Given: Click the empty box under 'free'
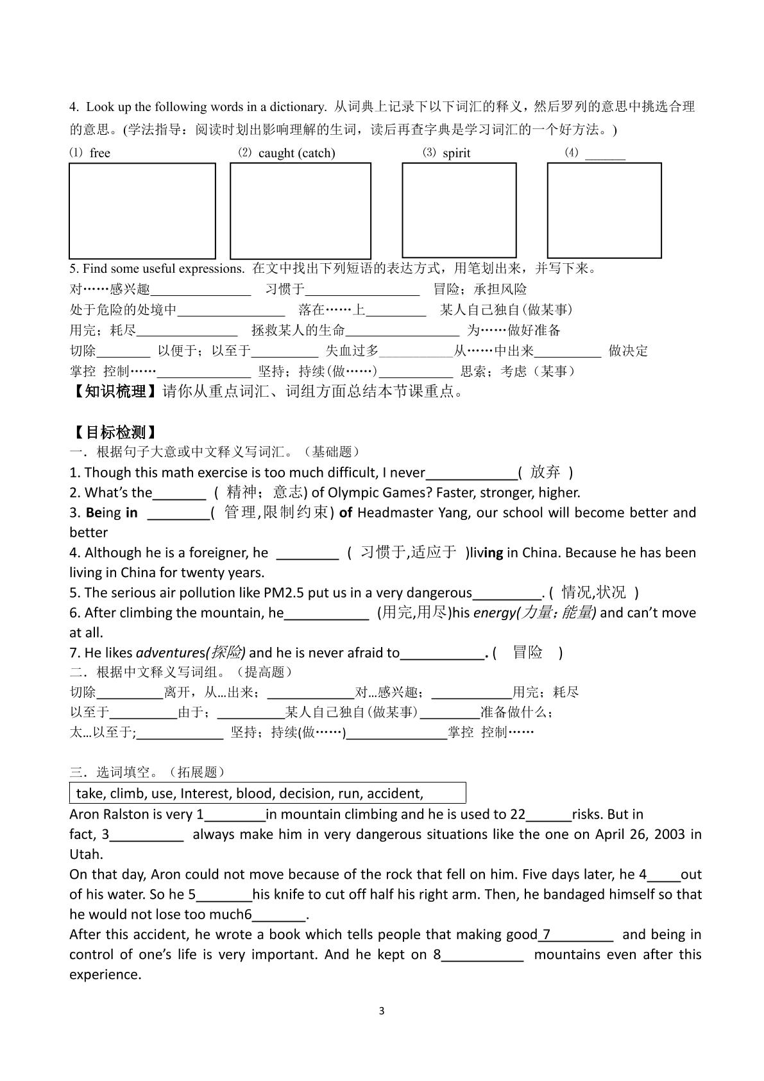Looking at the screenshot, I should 142,211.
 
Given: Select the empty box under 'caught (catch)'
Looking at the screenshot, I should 300,211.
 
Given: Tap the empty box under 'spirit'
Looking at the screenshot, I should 459,210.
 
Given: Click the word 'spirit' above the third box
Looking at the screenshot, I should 456,153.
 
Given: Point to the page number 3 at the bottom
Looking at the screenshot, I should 382,1011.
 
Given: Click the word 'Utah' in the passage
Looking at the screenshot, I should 85,854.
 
